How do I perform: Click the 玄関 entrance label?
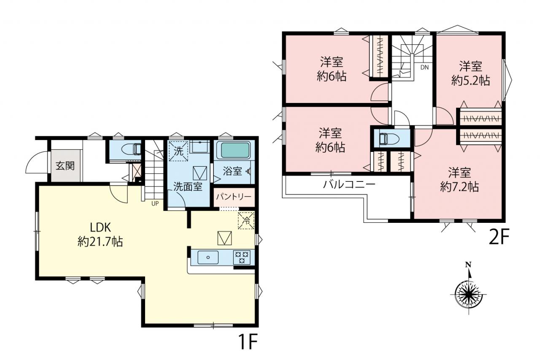(x=65, y=166)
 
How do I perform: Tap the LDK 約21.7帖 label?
(x=100, y=234)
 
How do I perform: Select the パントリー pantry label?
(x=234, y=197)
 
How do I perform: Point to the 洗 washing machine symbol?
(x=178, y=151)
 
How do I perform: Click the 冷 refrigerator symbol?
(x=246, y=220)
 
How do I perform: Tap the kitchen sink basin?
(x=208, y=257)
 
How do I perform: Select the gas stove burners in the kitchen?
(x=242, y=257)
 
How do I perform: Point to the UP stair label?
(x=155, y=203)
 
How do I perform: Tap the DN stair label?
(x=424, y=68)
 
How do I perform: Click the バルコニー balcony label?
(x=349, y=185)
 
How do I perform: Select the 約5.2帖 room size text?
(x=470, y=81)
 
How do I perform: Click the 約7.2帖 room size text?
(x=459, y=187)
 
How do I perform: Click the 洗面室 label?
(x=188, y=187)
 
